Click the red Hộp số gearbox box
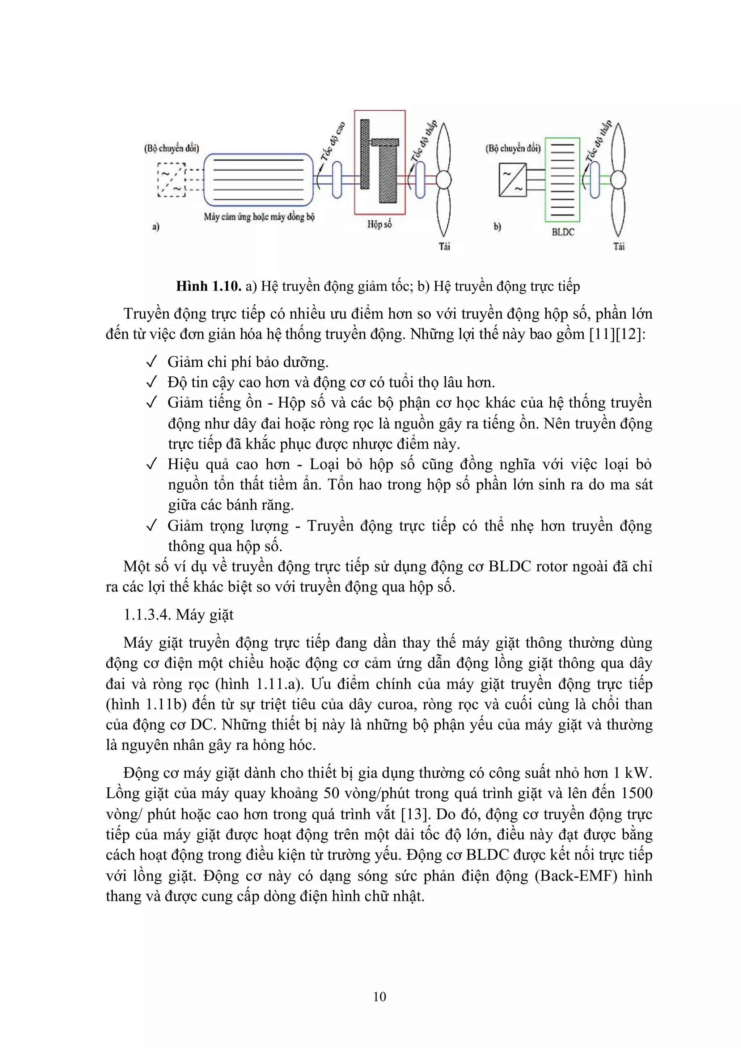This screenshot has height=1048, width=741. coord(380,162)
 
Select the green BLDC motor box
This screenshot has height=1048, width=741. coord(562,180)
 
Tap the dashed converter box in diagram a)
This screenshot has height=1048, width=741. coord(172,180)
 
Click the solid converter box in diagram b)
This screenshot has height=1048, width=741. coord(512,180)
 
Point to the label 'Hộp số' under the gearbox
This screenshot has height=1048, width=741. coord(380,224)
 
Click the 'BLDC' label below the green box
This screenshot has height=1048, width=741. coord(563,232)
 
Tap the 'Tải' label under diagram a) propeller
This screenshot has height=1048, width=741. coord(444,247)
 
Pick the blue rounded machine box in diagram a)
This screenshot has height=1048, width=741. coord(258,180)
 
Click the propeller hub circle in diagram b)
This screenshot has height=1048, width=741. coord(617,180)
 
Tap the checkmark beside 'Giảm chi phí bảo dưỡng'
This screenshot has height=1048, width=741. coord(152,362)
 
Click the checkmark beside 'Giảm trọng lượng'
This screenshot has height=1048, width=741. coord(152,526)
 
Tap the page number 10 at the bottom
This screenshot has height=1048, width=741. coord(380,996)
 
